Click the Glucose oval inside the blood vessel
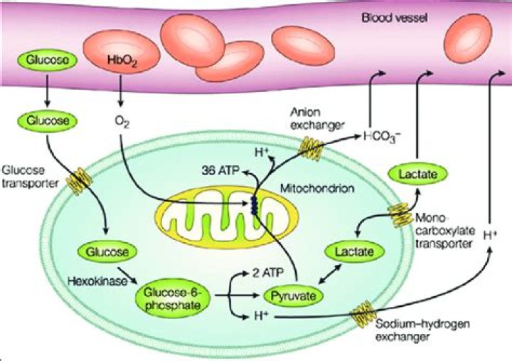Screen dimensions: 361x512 pyautogui.click(x=48, y=61)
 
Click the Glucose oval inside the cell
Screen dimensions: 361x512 pyautogui.click(x=105, y=251)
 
